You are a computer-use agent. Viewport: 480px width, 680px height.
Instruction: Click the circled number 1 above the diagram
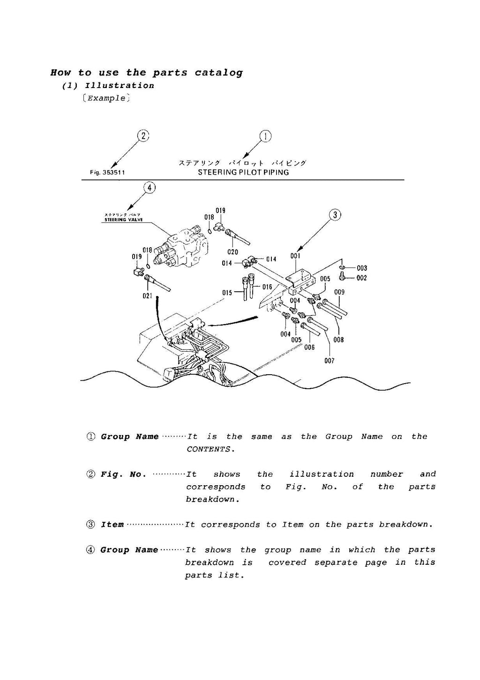pyautogui.click(x=265, y=136)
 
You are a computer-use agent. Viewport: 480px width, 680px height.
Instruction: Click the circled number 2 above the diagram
pyautogui.click(x=143, y=136)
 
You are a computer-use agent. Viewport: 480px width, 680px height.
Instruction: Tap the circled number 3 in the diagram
pyautogui.click(x=335, y=215)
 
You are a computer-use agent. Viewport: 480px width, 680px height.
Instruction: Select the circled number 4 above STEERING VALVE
pyautogui.click(x=149, y=188)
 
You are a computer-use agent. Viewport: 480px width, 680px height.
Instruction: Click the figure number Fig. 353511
pyautogui.click(x=107, y=172)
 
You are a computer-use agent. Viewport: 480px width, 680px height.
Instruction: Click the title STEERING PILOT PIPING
pyautogui.click(x=243, y=172)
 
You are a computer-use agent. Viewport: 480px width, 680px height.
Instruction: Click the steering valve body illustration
pyautogui.click(x=183, y=248)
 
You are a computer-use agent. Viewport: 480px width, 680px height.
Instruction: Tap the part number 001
pyautogui.click(x=295, y=256)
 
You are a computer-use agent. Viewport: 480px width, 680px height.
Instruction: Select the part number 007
pyautogui.click(x=329, y=361)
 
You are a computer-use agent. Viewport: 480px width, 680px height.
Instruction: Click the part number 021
pyautogui.click(x=147, y=296)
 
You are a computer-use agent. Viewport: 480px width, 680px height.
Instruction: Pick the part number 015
pyautogui.click(x=227, y=293)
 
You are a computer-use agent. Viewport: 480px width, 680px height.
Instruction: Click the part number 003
pyautogui.click(x=361, y=268)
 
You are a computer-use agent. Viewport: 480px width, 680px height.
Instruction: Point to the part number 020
pyautogui.click(x=232, y=252)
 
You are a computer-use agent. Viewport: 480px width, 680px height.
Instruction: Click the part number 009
pyautogui.click(x=339, y=292)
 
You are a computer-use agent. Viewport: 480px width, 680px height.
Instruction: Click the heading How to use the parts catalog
pyautogui.click(x=147, y=73)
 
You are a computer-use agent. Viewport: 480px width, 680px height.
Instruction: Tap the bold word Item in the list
pyautogui.click(x=112, y=525)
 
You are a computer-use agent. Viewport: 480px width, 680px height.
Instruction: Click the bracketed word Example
pyautogui.click(x=106, y=98)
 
